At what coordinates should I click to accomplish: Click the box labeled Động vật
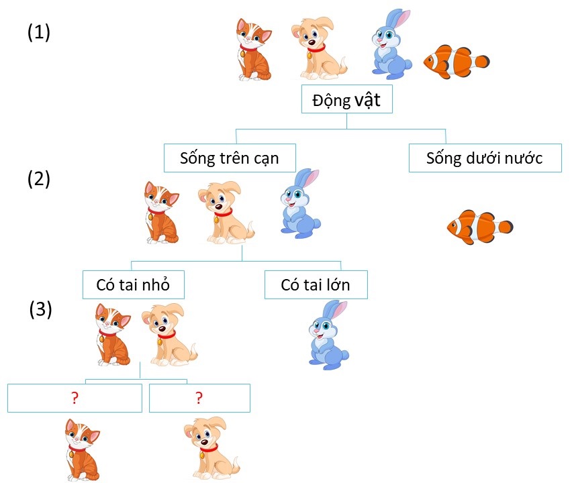[346, 101]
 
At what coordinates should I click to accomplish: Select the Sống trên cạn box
[229, 158]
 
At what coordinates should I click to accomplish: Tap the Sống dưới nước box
[484, 158]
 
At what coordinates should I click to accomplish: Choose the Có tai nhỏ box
[132, 285]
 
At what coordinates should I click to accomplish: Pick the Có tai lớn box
[316, 285]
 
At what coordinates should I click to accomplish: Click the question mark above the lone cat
[75, 398]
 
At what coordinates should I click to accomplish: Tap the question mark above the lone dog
[199, 398]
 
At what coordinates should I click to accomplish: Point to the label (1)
[39, 33]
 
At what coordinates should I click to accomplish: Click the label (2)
[39, 179]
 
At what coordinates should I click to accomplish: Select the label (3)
[41, 309]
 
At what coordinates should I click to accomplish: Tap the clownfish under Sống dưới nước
[479, 226]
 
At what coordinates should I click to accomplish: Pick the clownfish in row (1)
[456, 62]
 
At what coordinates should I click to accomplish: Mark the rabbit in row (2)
[299, 203]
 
